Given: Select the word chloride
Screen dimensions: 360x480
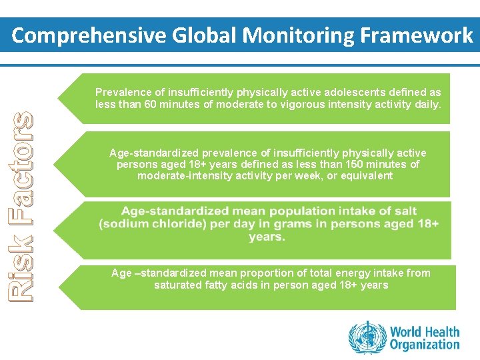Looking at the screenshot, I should pos(172,224).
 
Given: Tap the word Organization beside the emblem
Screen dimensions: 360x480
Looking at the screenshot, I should pos(425,345).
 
